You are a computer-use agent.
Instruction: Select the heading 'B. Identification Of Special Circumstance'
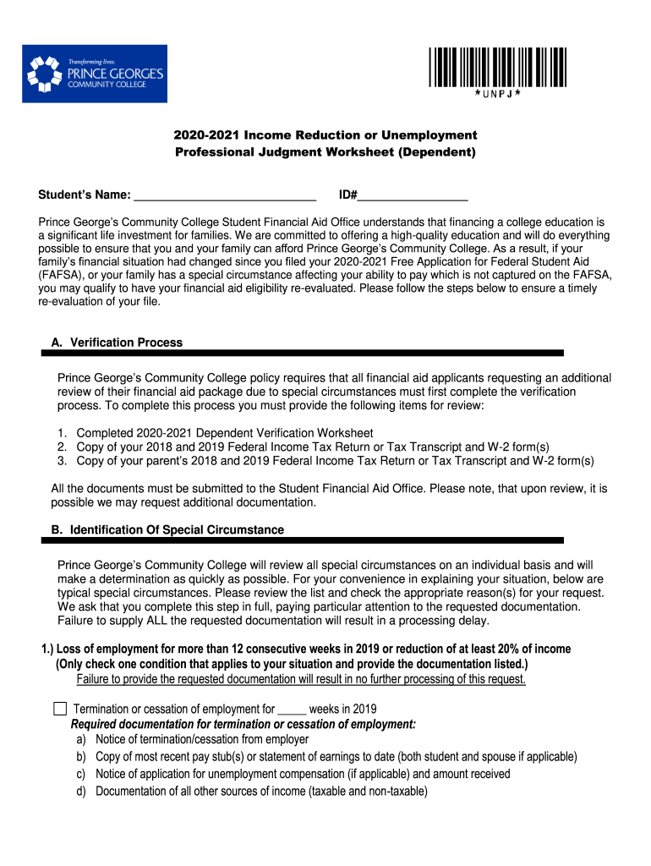tap(167, 530)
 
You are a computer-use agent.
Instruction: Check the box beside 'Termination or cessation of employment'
tap(60, 709)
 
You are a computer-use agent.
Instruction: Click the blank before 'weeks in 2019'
tap(292, 710)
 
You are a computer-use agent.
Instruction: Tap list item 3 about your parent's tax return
tap(335, 461)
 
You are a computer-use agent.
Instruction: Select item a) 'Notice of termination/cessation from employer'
tap(201, 739)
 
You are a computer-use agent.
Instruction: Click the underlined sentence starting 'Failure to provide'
tap(301, 680)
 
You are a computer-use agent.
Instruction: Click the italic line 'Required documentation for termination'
tap(243, 725)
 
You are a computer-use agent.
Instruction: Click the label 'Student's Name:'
tap(84, 196)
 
